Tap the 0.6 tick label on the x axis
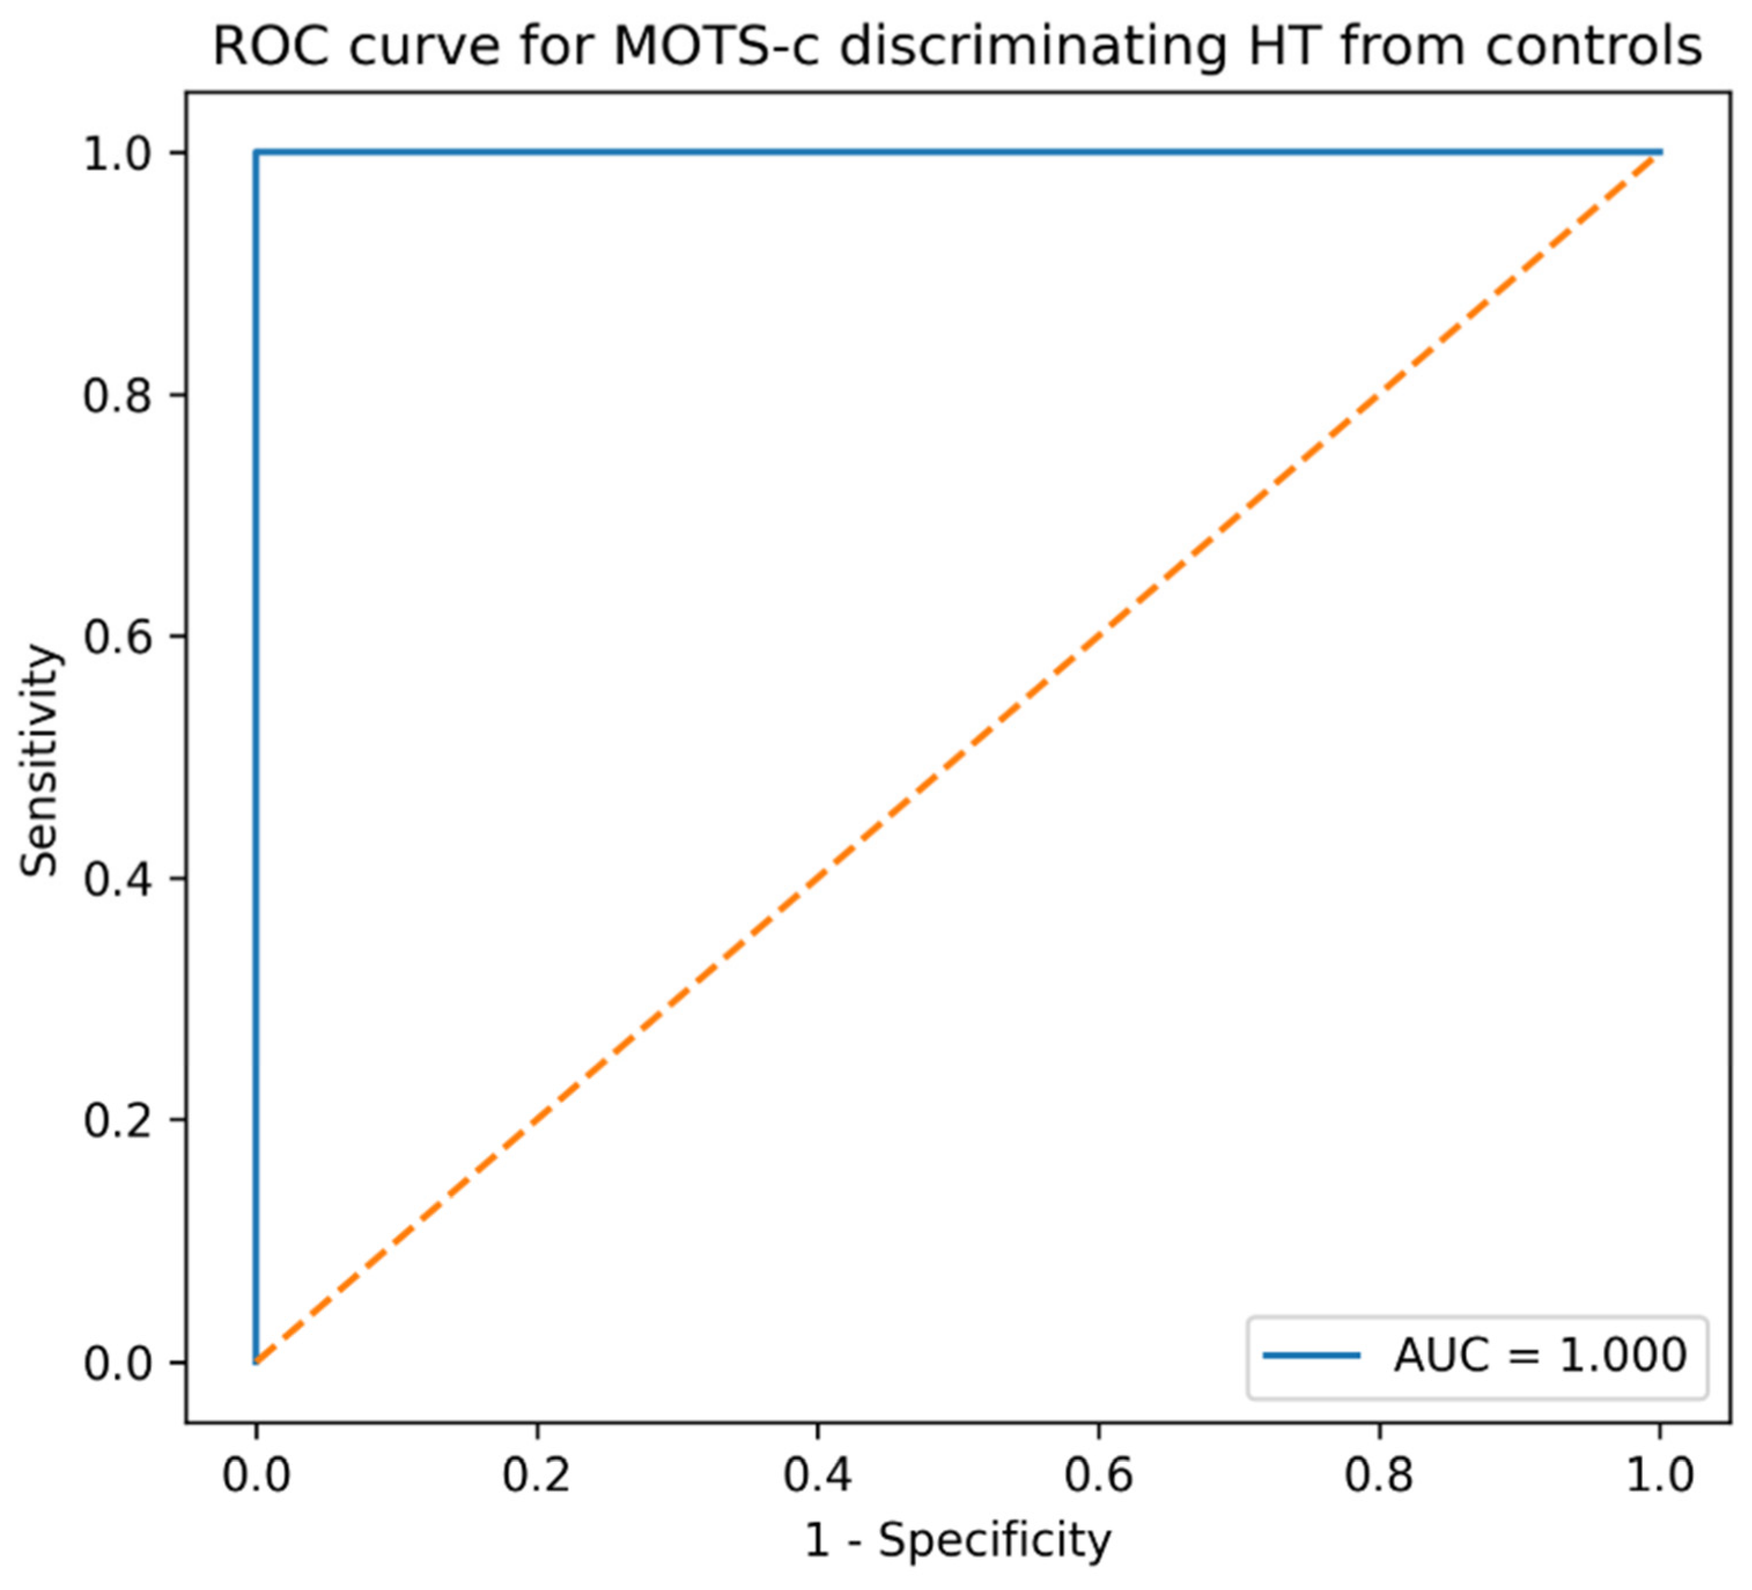[1098, 1475]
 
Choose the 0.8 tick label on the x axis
[1379, 1475]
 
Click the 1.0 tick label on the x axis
[1660, 1475]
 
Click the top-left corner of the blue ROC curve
[256, 152]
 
